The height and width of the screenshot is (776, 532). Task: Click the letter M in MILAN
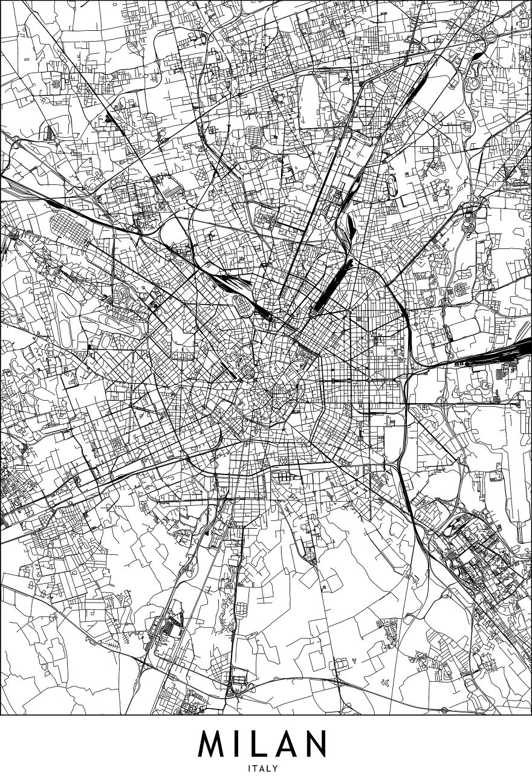214,744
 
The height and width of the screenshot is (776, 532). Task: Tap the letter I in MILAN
241,744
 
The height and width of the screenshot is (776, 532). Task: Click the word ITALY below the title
265,768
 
